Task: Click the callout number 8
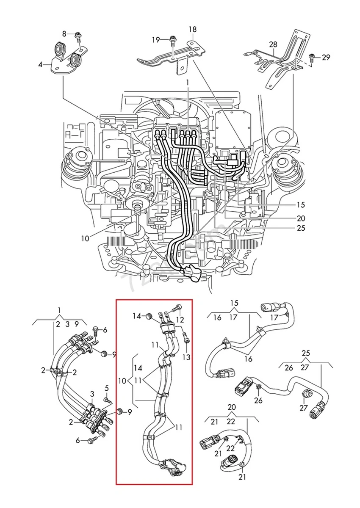pos(65,33)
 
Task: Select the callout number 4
pos(41,65)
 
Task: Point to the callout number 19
pos(156,40)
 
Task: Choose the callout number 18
pos(193,30)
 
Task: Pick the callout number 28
pos(273,44)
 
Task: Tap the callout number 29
pos(326,57)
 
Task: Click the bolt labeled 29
pos(312,57)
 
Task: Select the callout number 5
pos(107,388)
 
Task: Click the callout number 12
pos(180,319)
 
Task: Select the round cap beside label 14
pos(149,316)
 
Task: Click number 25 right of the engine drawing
pos(301,229)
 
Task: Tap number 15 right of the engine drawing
pos(301,205)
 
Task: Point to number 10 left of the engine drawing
pos(86,238)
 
